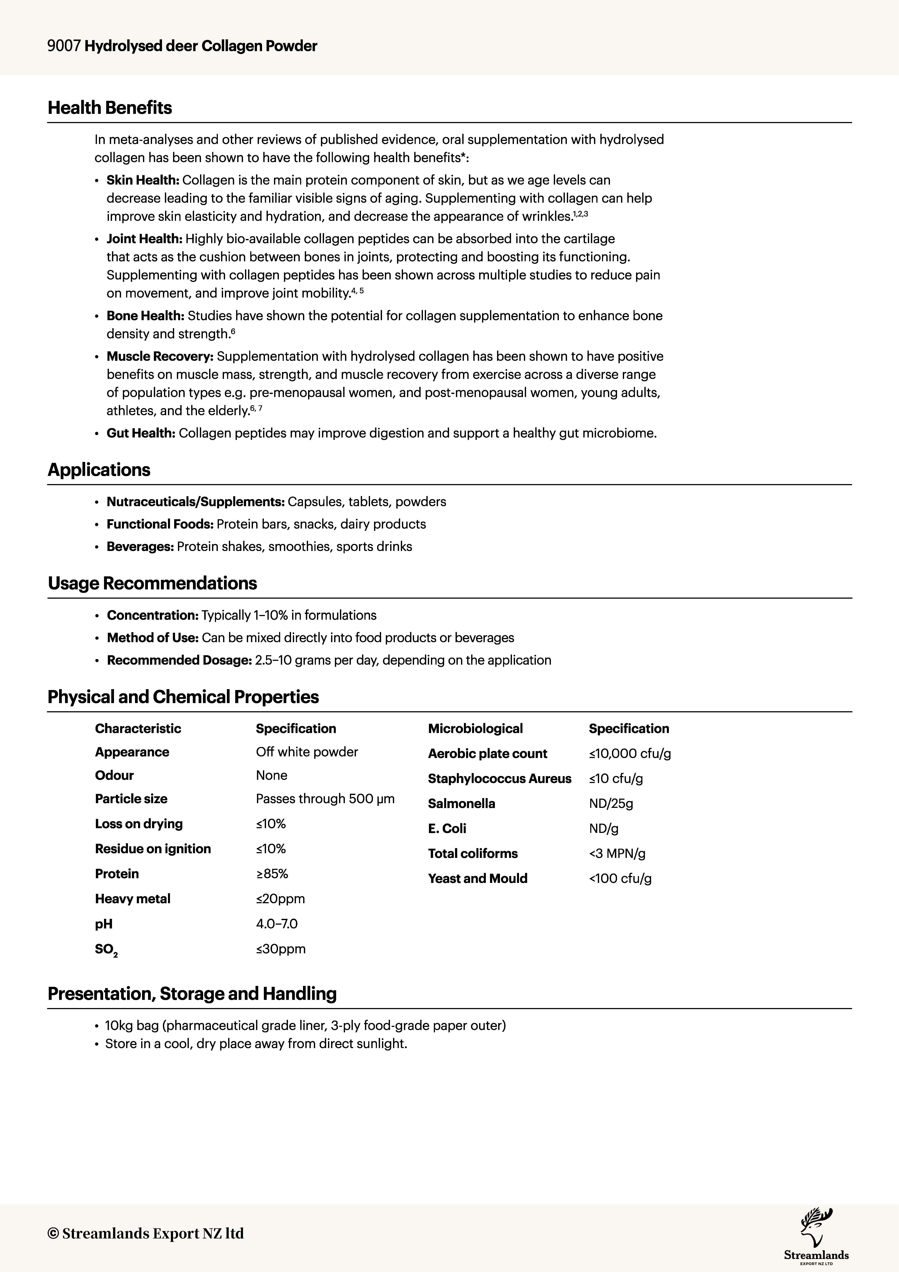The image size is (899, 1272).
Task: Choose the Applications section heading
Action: (x=99, y=470)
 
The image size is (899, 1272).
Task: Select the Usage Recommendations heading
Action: (x=152, y=583)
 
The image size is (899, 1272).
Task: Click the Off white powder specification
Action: (x=307, y=752)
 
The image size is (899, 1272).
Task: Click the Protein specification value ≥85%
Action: (x=272, y=874)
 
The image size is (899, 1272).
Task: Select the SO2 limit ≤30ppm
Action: (x=281, y=949)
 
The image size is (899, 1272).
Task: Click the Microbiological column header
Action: (x=475, y=728)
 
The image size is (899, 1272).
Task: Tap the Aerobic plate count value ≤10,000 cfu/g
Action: (x=630, y=753)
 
